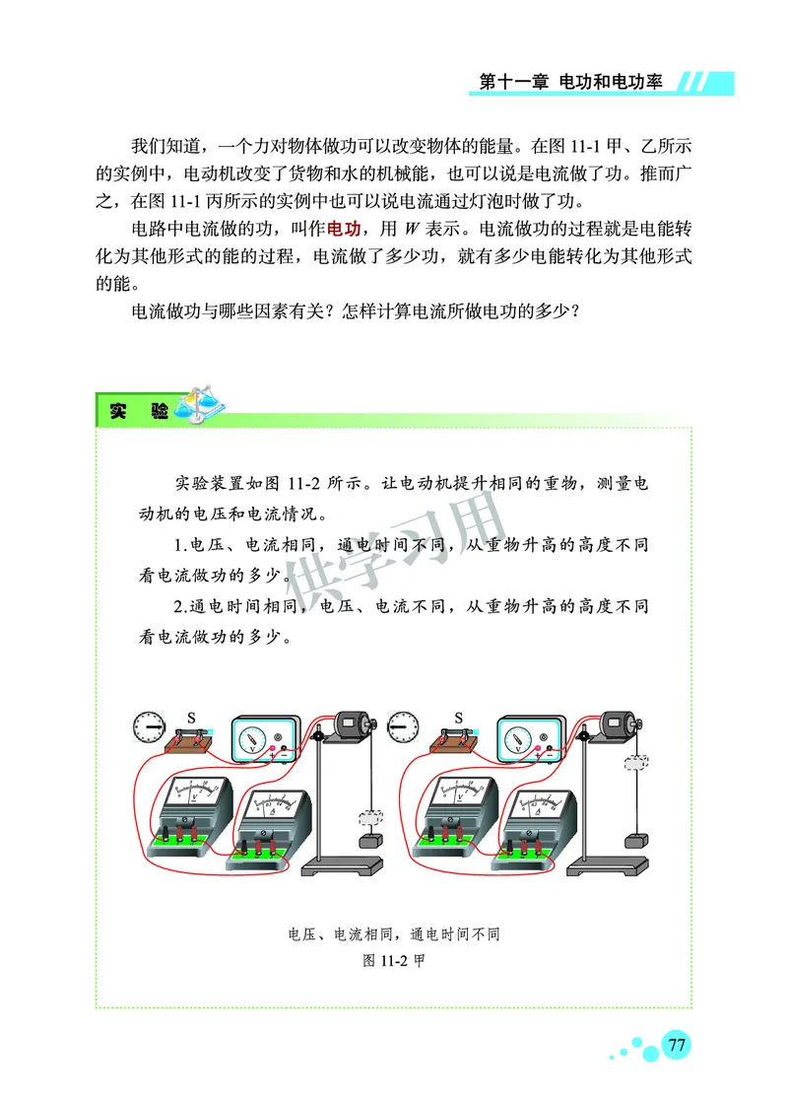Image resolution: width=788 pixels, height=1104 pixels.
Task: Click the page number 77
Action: pyautogui.click(x=677, y=1045)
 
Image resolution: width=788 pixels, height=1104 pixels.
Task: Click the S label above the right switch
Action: pyautogui.click(x=458, y=717)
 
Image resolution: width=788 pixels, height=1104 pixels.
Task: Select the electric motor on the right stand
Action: pyautogui.click(x=618, y=726)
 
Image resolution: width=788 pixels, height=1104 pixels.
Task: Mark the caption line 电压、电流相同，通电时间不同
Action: pyautogui.click(x=393, y=934)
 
